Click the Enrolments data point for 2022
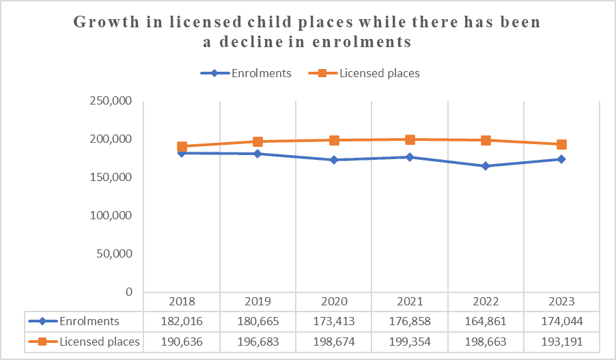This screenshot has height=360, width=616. coord(486,166)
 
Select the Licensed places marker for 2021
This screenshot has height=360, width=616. coord(410,139)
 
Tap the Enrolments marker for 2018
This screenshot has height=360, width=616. coord(182,153)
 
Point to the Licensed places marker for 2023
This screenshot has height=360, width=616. coord(561,144)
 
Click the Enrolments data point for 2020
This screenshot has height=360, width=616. coord(334,160)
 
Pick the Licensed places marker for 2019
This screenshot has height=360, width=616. coord(258,141)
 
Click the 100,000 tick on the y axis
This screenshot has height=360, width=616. coord(112,215)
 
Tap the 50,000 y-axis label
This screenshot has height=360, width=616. coord(115,253)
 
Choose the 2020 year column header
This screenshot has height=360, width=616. coord(334,301)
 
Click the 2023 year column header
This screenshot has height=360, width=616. coord(561,301)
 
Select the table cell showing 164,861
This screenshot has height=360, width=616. coord(486,321)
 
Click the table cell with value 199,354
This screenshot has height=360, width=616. coord(410,341)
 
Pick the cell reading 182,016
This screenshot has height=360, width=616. coord(182,321)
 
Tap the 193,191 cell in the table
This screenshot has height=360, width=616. coord(561,341)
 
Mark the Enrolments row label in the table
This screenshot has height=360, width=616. coord(89,321)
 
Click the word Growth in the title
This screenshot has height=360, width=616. coord(108,22)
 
